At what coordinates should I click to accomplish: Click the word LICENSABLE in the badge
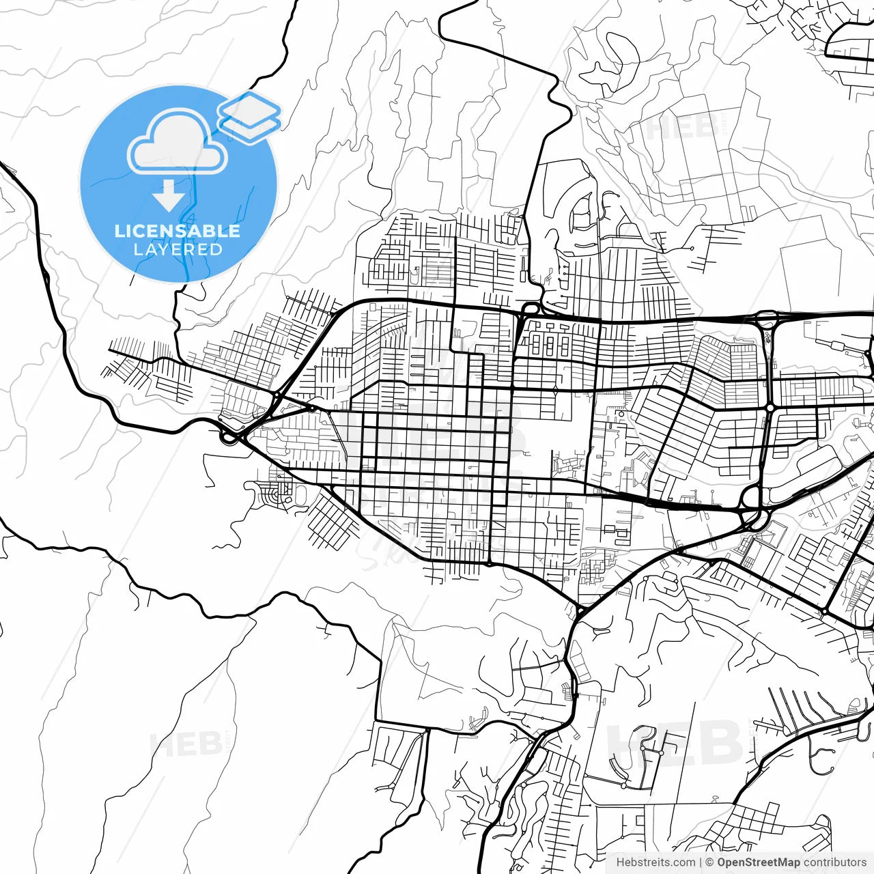(178, 231)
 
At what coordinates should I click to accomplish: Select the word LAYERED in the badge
(178, 249)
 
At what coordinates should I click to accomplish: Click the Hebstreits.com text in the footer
(655, 862)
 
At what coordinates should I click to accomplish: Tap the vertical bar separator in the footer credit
(701, 862)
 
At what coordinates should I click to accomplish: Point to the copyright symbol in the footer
(710, 862)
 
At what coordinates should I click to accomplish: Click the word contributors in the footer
(834, 862)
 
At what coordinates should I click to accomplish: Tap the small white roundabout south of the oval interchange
(770, 408)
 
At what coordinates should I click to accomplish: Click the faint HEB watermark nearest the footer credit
(676, 744)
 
